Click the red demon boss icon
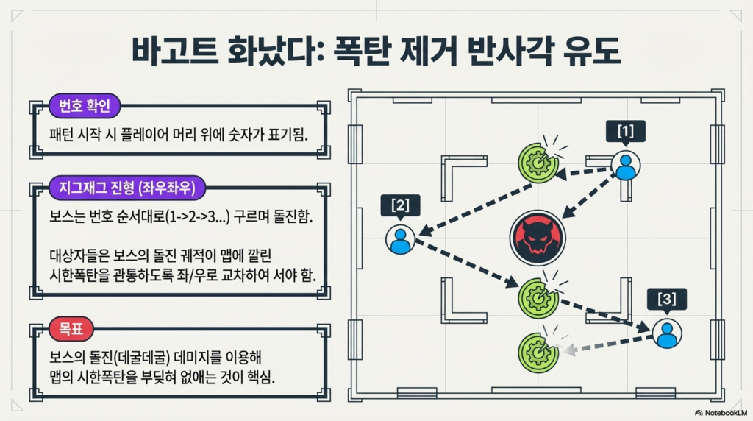[537, 237]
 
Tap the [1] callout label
[625, 132]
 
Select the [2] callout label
[400, 205]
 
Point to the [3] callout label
[666, 299]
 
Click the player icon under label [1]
[625, 166]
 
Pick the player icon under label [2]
[401, 239]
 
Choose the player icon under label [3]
[666, 334]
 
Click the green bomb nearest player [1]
[538, 161]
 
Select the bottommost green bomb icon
[538, 352]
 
